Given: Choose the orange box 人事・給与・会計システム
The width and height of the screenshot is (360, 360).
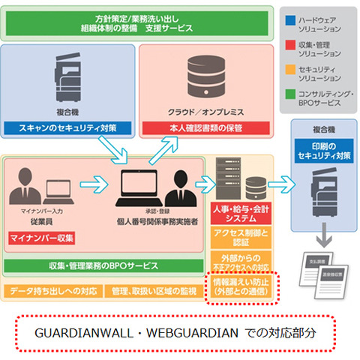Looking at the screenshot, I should (x=238, y=213).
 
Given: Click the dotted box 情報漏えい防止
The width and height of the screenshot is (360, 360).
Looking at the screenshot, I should (x=238, y=287).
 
